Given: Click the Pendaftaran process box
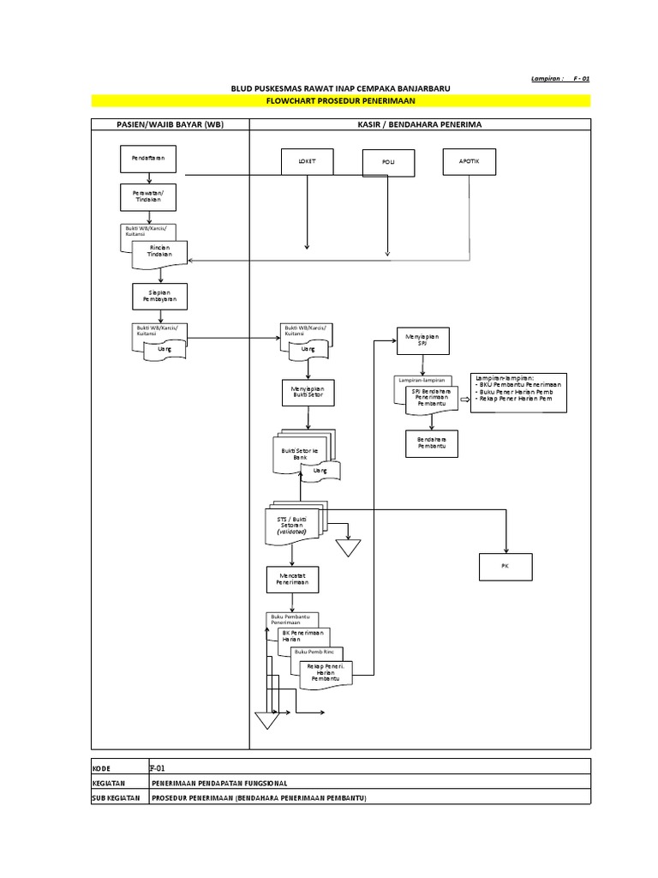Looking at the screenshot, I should pos(149,159).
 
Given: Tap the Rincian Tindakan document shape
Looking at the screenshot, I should pos(161,250).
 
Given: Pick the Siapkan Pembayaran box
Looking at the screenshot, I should pos(159,295).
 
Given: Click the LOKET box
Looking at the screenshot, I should pos(307,161).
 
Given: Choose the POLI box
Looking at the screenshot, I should pos(388,162).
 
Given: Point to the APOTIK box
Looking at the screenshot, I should pos(470,160).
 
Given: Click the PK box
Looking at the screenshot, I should pos(506,567).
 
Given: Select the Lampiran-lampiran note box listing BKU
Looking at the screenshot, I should pos(517,393).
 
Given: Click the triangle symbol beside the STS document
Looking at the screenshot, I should pos(348,546).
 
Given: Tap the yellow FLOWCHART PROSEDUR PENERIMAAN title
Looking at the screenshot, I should pos(341,101).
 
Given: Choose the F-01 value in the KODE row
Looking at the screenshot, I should pos(157,767).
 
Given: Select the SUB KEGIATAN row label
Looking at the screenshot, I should pos(117,797).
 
